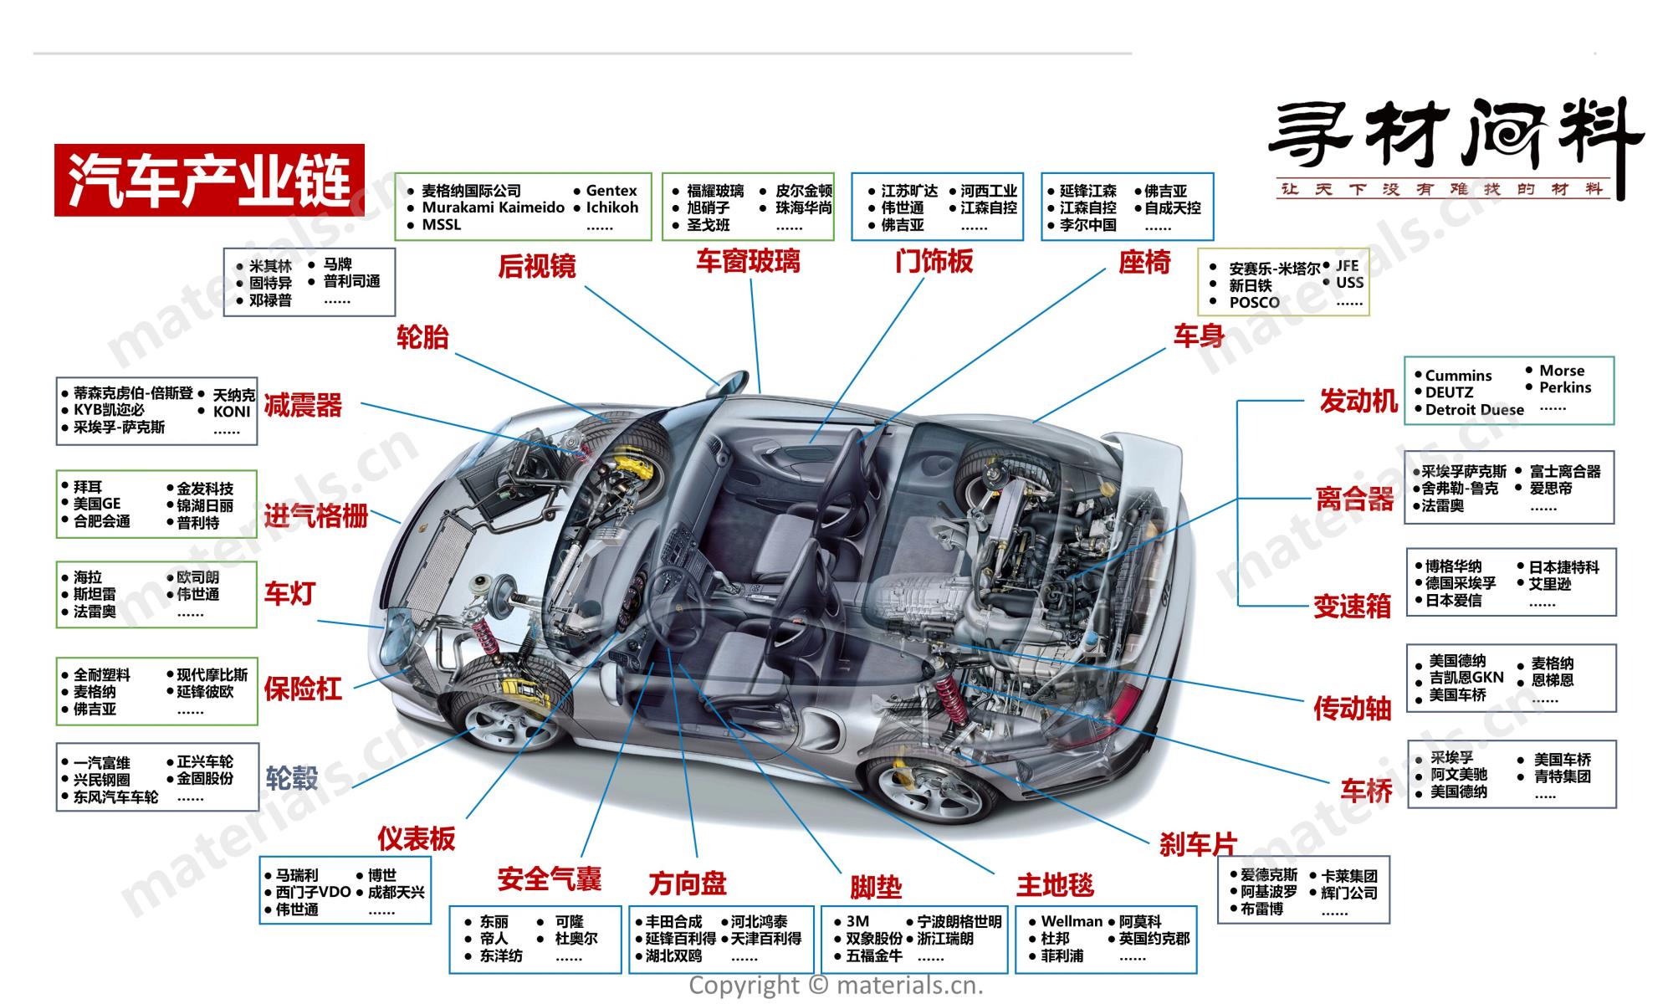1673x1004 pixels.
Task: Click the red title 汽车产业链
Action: coord(209,180)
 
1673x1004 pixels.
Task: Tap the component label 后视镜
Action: coord(537,266)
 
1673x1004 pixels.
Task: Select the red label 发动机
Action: coord(1358,402)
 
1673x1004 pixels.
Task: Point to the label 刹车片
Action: coord(1197,844)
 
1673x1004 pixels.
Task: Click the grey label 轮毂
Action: coord(292,778)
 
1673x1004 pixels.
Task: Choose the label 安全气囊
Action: coord(549,879)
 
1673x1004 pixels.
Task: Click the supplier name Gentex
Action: coord(611,191)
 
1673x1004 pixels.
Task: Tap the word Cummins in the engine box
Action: coord(1458,376)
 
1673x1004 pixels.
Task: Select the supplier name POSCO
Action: coord(1254,302)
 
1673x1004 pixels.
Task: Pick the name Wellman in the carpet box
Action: coord(1072,921)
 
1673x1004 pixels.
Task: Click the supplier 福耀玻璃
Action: coord(715,191)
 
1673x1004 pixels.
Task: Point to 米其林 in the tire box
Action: coord(270,266)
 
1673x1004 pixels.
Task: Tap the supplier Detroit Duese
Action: coord(1474,410)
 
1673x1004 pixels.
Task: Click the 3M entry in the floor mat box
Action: coord(857,921)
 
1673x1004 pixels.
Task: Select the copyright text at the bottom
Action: coord(836,986)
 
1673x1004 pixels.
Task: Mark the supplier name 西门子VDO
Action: coord(313,892)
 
